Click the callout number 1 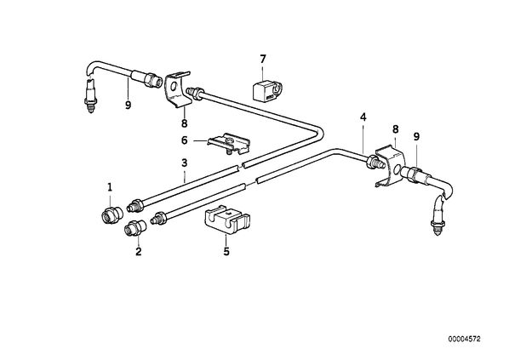pos(110,187)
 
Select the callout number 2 pos(139,251)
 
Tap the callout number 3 pos(185,163)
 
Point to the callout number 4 pos(363,117)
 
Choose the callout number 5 pos(226,251)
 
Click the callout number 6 pos(185,140)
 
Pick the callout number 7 pos(263,59)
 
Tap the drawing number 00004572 pos(464,340)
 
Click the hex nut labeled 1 pos(111,215)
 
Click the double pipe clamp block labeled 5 pos(228,219)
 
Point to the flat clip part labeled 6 pos(229,144)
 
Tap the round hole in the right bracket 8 pos(396,169)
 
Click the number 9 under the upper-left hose pos(129,106)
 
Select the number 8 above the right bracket pos(396,129)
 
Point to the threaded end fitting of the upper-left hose pos(90,97)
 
